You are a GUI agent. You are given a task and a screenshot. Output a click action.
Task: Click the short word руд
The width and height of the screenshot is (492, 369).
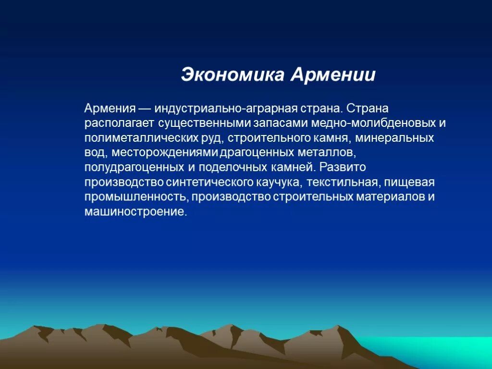213,138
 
